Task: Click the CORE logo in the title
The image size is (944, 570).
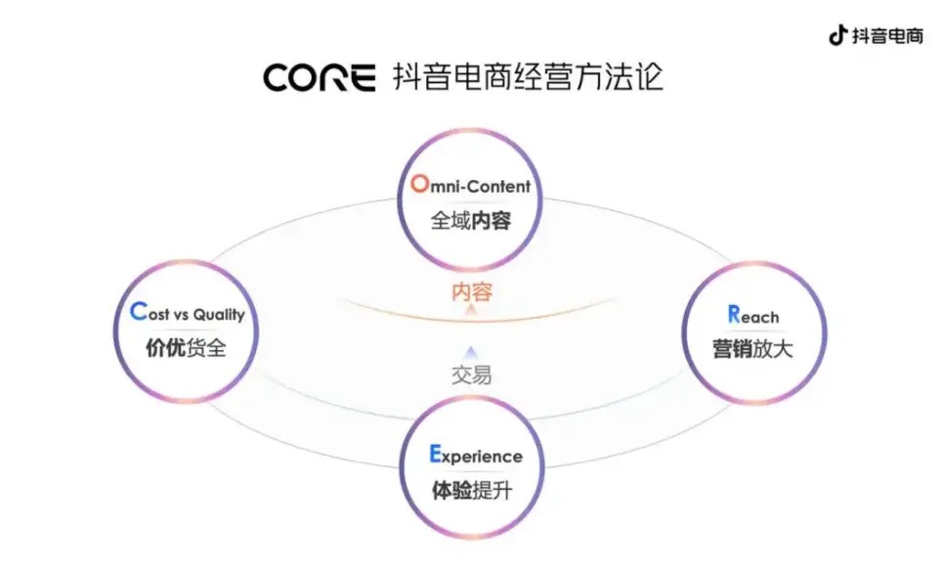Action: click(319, 77)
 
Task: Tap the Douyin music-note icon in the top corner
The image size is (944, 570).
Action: click(837, 35)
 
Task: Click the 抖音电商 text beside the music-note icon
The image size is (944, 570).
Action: click(886, 36)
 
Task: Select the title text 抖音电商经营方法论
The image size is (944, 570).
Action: click(528, 76)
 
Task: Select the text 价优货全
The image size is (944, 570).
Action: click(186, 347)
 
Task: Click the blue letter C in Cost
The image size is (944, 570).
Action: click(137, 313)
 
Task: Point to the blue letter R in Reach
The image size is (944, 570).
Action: click(734, 315)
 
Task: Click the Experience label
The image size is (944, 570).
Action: click(476, 456)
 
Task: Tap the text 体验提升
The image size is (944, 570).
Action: click(471, 490)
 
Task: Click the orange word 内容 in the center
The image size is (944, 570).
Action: click(472, 291)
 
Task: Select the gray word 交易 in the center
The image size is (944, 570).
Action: click(471, 374)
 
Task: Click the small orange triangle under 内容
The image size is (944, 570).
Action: click(472, 310)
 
